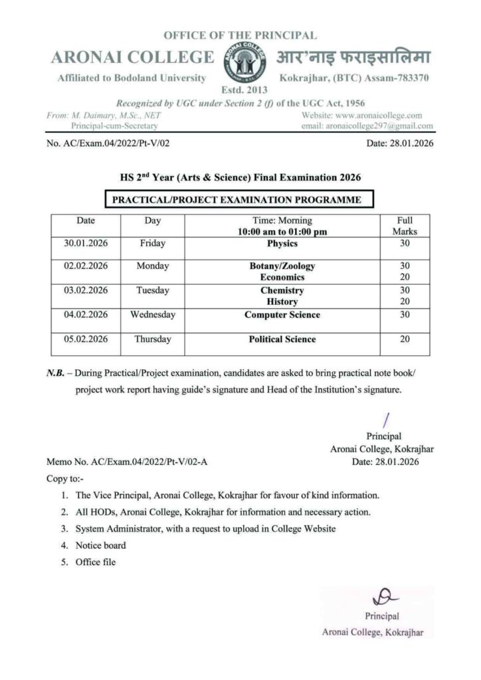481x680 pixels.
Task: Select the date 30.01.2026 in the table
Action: (x=86, y=244)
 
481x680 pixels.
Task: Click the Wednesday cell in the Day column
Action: (x=153, y=315)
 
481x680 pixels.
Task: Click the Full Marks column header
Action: (x=405, y=226)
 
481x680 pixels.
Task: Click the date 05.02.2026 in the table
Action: (x=86, y=339)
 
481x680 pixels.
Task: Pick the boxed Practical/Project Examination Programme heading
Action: (x=237, y=199)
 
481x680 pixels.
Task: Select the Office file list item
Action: (x=96, y=562)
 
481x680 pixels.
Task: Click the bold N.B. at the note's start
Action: (x=54, y=373)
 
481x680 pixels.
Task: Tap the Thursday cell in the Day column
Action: (x=153, y=339)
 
